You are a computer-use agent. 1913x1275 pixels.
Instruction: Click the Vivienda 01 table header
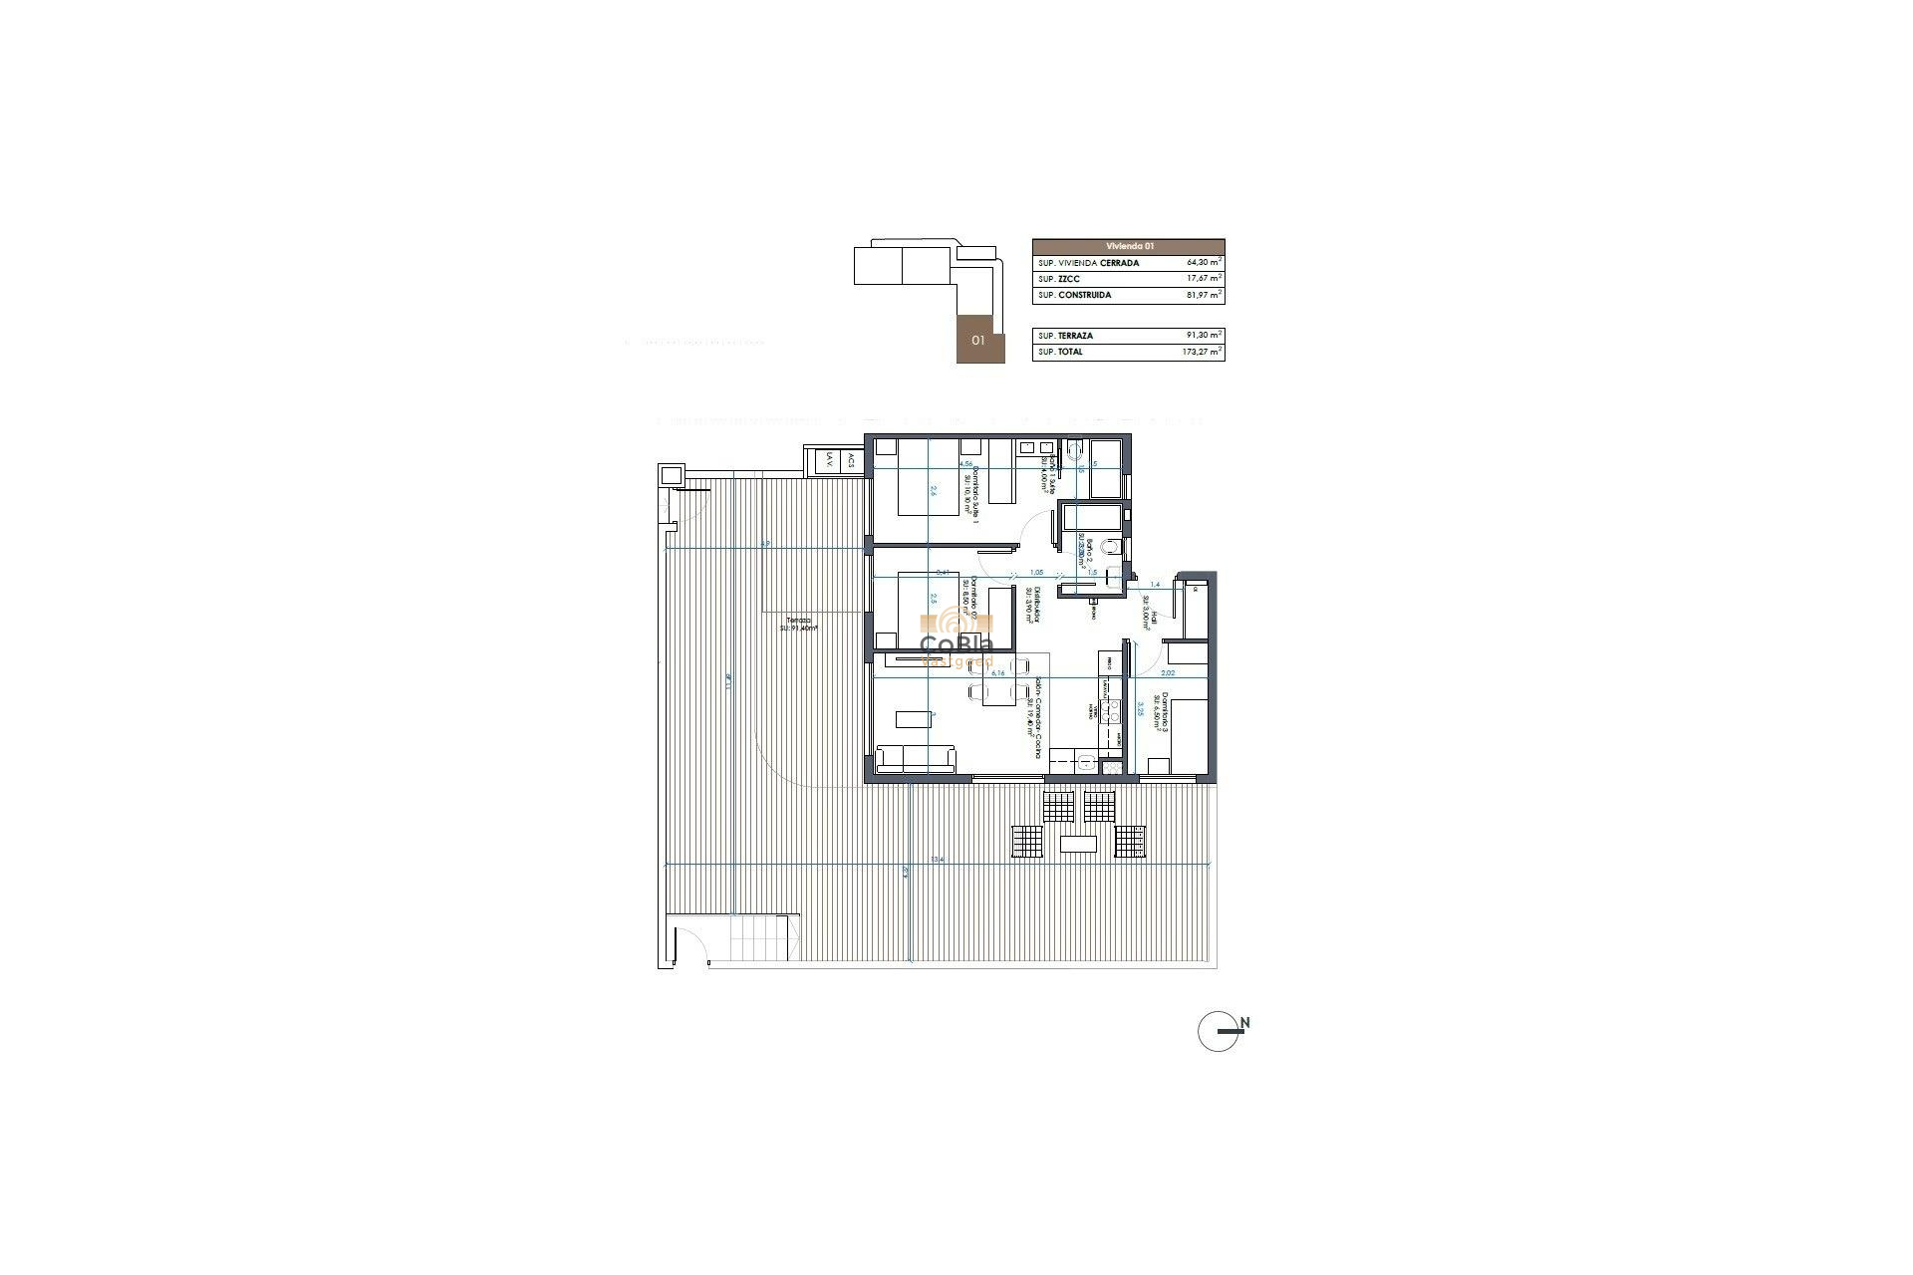pos(1128,246)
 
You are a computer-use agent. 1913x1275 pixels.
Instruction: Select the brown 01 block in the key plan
pos(980,340)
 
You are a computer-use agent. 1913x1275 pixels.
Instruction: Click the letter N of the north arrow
pos(1244,1023)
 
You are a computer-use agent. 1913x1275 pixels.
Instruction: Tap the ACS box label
pos(851,461)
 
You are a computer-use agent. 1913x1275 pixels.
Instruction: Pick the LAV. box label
pos(829,461)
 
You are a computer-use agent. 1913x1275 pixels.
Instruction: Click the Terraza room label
pos(796,620)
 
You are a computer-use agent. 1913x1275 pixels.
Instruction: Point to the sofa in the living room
pos(218,759)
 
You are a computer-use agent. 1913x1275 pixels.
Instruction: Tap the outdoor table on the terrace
pos(1079,845)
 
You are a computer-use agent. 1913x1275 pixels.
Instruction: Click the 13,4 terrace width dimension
pos(937,860)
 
